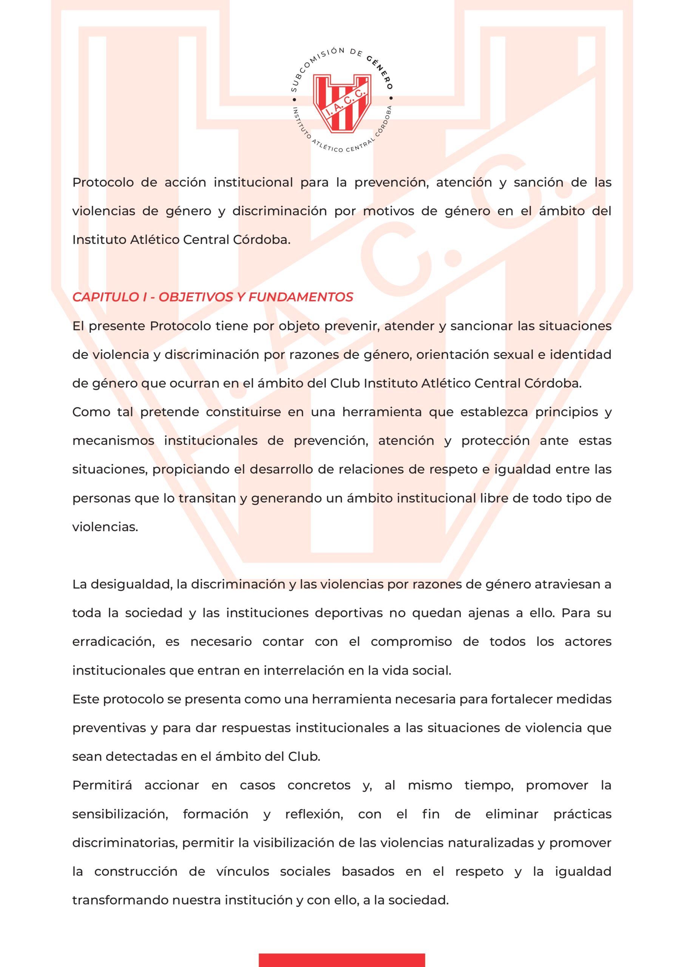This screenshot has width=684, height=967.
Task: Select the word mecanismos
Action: click(x=113, y=441)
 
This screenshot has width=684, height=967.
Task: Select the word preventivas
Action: click(x=109, y=728)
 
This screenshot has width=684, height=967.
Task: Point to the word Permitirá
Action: click(x=102, y=785)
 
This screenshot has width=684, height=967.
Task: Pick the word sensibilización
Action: click(x=120, y=814)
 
